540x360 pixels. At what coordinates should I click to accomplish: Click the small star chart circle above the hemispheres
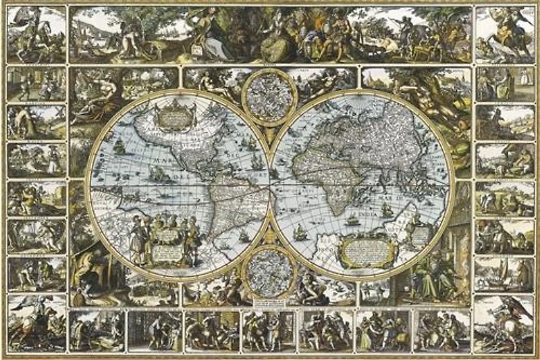click(x=269, y=96)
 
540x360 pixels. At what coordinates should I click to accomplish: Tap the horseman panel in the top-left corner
click(x=36, y=34)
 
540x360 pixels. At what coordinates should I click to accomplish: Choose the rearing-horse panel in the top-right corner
click(x=505, y=34)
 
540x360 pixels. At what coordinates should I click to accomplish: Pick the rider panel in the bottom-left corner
click(x=36, y=322)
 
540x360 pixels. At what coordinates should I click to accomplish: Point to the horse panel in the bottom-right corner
click(x=504, y=322)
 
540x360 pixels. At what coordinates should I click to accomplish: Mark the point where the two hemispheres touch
click(x=270, y=182)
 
